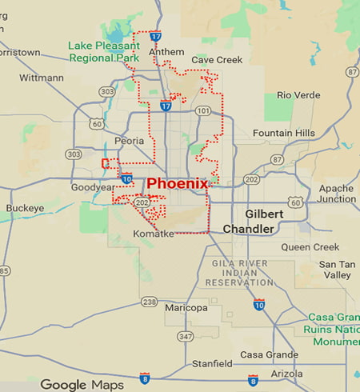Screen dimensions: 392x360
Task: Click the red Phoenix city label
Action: (177, 183)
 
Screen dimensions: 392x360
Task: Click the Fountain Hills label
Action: (278, 133)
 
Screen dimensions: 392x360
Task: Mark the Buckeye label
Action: (25, 208)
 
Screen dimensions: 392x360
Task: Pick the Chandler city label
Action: (248, 229)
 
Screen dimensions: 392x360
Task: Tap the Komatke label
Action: (153, 233)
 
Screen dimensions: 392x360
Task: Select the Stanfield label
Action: (213, 364)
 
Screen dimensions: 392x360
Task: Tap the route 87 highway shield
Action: (277, 160)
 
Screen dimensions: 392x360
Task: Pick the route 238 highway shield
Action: (149, 302)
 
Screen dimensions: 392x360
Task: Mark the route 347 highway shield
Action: (186, 336)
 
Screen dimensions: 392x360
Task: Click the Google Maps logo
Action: (82, 385)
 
